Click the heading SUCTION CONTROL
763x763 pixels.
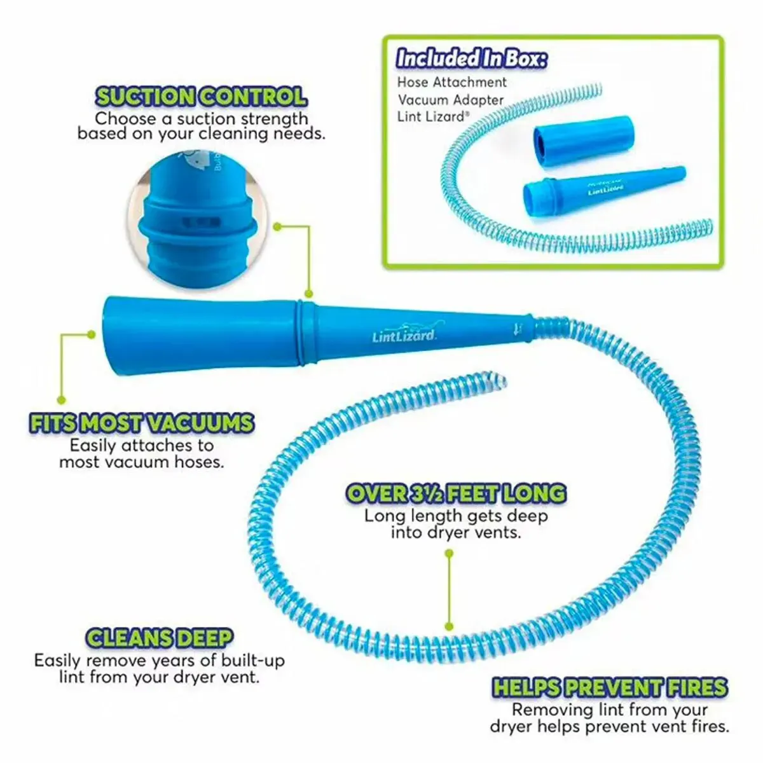pos(201,97)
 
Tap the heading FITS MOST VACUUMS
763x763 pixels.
pos(141,423)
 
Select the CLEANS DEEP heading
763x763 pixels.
pos(159,638)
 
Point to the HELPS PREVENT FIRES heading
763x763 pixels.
pos(610,687)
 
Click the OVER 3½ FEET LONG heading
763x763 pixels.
pos(456,493)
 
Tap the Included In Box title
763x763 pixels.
pos(471,58)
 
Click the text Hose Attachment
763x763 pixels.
pos(452,82)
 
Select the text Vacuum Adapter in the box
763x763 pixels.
pos(451,100)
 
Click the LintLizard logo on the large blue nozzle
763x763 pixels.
pos(404,335)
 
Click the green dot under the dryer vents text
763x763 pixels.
pos(450,554)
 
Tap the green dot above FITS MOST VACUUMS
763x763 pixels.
pos(62,399)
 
